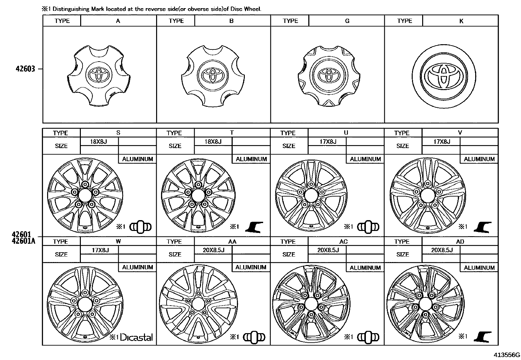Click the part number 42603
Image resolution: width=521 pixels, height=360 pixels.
(25, 69)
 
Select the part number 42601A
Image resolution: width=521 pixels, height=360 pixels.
(24, 241)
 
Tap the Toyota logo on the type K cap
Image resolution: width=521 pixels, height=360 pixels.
(444, 76)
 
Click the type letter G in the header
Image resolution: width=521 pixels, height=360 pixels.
(347, 21)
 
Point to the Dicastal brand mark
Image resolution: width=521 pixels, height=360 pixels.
(136, 337)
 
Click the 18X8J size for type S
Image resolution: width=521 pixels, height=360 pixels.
(99, 142)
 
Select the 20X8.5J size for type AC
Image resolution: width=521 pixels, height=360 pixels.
(328, 250)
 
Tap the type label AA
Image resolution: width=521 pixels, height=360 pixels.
(232, 241)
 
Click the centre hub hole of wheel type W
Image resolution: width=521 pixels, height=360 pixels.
(85, 304)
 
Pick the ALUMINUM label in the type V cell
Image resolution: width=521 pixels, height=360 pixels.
(479, 159)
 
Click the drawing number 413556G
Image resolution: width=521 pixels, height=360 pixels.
(507, 355)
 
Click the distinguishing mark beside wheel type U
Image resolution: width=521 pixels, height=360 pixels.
(368, 227)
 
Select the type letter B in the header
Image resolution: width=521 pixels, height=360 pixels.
(231, 21)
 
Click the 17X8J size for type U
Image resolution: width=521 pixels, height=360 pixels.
(328, 142)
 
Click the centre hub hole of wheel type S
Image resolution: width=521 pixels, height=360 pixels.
(85, 195)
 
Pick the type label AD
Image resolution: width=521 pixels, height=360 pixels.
(460, 241)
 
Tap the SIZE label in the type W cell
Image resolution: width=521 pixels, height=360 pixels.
(61, 254)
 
